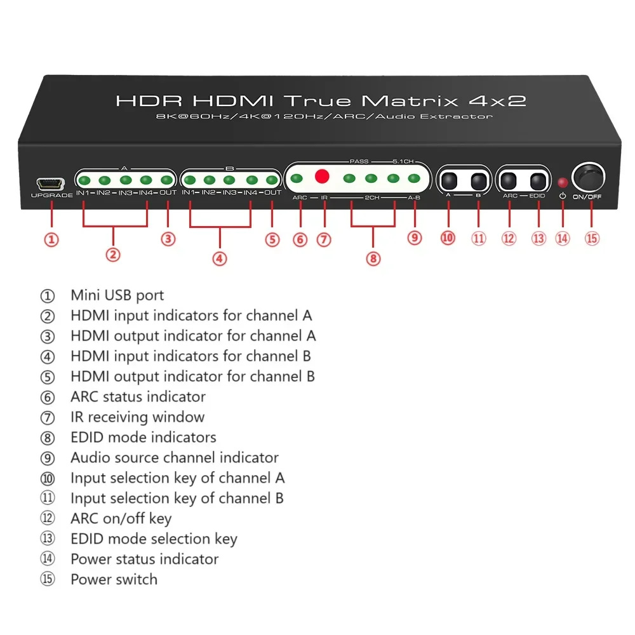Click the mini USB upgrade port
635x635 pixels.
coord(51,184)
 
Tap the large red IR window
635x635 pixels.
coord(322,176)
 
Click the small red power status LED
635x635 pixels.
coord(563,183)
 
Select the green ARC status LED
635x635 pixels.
coord(297,178)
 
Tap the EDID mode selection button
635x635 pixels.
coord(538,181)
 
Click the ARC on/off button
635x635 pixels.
coord(508,180)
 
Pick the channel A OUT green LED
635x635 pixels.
coord(167,180)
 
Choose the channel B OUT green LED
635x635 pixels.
coord(272,180)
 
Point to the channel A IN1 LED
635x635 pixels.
coord(84,180)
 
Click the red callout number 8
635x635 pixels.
coord(373,258)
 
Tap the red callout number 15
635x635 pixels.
coord(592,238)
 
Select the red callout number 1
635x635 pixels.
coord(51,240)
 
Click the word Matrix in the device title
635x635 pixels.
coord(410,101)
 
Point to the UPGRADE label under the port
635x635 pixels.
coord(52,195)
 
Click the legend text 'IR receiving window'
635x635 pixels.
coord(138,417)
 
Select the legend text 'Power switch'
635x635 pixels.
coord(114,579)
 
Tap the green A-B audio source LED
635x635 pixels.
coord(414,178)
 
